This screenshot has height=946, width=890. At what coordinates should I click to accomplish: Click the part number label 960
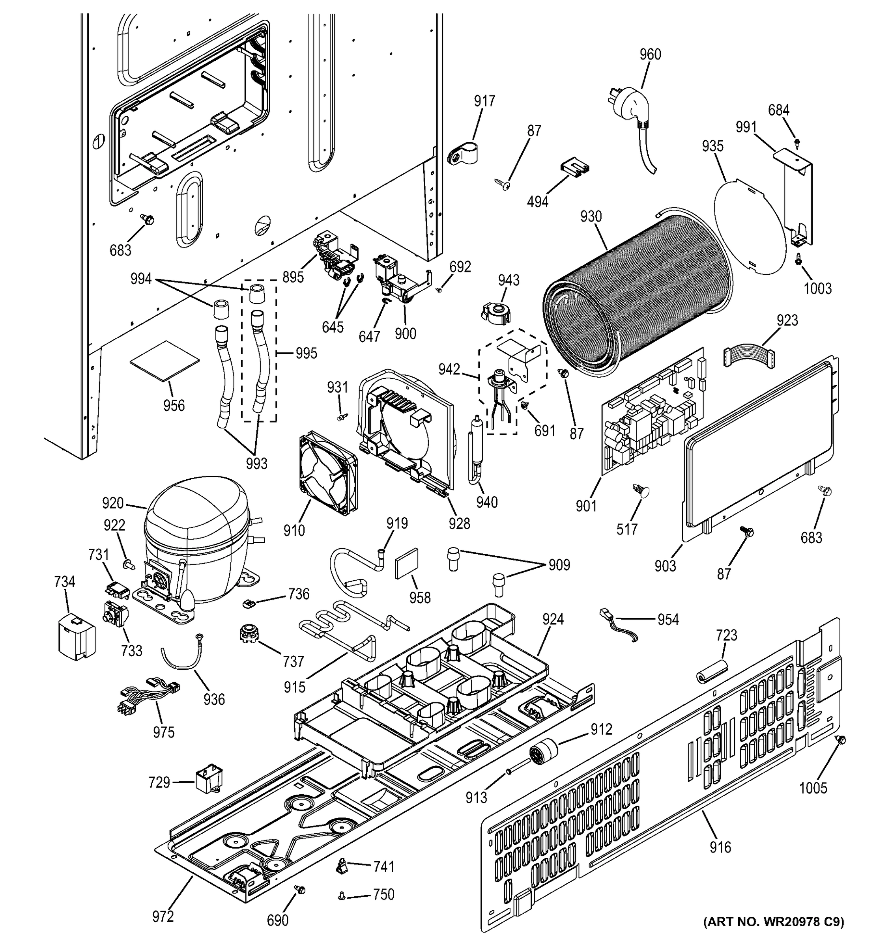[650, 54]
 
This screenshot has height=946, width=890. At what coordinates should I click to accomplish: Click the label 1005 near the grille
[813, 788]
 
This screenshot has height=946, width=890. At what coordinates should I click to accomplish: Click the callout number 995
[306, 353]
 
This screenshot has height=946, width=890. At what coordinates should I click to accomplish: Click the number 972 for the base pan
[163, 916]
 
